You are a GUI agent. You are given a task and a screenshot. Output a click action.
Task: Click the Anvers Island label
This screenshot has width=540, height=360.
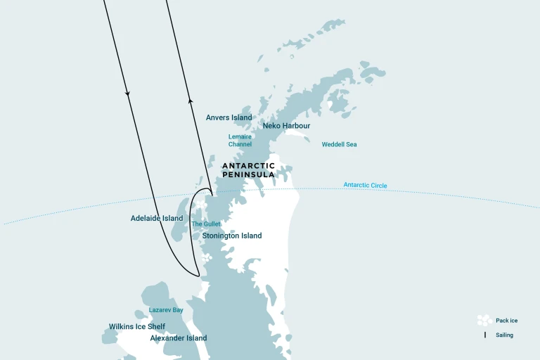click(229, 117)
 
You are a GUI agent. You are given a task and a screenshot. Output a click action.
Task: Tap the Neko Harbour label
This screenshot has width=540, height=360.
click(286, 126)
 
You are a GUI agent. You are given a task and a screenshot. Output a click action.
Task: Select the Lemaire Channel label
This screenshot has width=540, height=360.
click(240, 141)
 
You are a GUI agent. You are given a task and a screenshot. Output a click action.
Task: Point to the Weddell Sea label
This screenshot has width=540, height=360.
click(339, 144)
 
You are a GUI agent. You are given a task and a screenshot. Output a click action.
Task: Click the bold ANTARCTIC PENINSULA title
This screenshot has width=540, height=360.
click(248, 170)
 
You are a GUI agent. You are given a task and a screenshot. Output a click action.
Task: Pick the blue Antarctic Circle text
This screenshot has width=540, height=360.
click(365, 186)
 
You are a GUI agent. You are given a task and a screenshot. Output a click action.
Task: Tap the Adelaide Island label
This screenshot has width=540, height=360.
click(157, 219)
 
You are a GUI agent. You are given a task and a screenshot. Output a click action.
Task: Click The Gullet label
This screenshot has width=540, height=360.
click(206, 224)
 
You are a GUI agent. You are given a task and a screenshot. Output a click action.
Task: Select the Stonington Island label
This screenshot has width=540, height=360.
click(232, 236)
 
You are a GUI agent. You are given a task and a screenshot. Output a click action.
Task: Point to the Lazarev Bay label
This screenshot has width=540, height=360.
click(166, 309)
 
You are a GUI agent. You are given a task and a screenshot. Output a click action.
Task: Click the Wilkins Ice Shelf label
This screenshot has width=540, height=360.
click(137, 326)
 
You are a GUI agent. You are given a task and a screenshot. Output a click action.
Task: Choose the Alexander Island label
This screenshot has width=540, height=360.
click(179, 338)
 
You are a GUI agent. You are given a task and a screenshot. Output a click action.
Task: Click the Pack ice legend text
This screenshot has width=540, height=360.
click(506, 321)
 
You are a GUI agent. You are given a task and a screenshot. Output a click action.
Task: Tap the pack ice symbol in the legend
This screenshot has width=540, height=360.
click(484, 320)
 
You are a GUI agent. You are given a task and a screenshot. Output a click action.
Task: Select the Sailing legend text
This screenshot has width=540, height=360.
click(504, 335)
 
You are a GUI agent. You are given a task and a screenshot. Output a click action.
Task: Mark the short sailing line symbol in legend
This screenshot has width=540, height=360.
click(484, 335)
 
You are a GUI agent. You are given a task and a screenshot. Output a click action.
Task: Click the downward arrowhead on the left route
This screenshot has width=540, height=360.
click(127, 92)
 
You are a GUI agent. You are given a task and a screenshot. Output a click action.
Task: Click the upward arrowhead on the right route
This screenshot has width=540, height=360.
click(190, 101)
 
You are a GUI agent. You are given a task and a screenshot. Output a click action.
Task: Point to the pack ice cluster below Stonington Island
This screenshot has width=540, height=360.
click(205, 259)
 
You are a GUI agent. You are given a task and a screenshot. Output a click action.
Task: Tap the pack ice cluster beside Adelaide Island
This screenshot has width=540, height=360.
click(201, 206)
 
